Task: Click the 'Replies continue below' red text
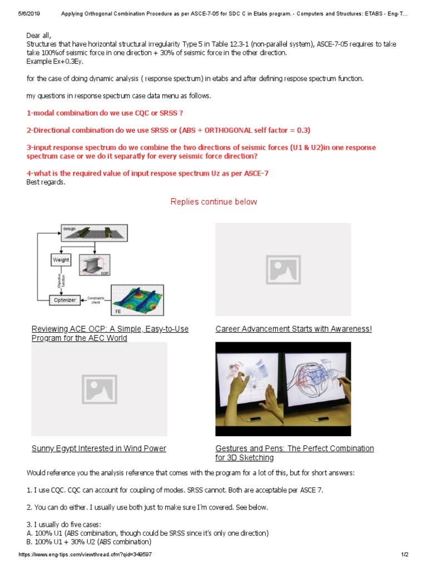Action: coord(213,202)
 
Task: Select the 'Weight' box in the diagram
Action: coord(61,260)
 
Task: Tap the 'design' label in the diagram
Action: coord(68,228)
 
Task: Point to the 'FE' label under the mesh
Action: coord(118,312)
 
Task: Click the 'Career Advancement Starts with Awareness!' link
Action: coord(294,329)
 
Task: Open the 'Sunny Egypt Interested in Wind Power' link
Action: coord(99,448)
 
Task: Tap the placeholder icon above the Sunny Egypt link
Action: coord(99,388)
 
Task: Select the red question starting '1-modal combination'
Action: coord(105,113)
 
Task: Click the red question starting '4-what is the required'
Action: coord(147,173)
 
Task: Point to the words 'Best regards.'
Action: coord(46,182)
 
